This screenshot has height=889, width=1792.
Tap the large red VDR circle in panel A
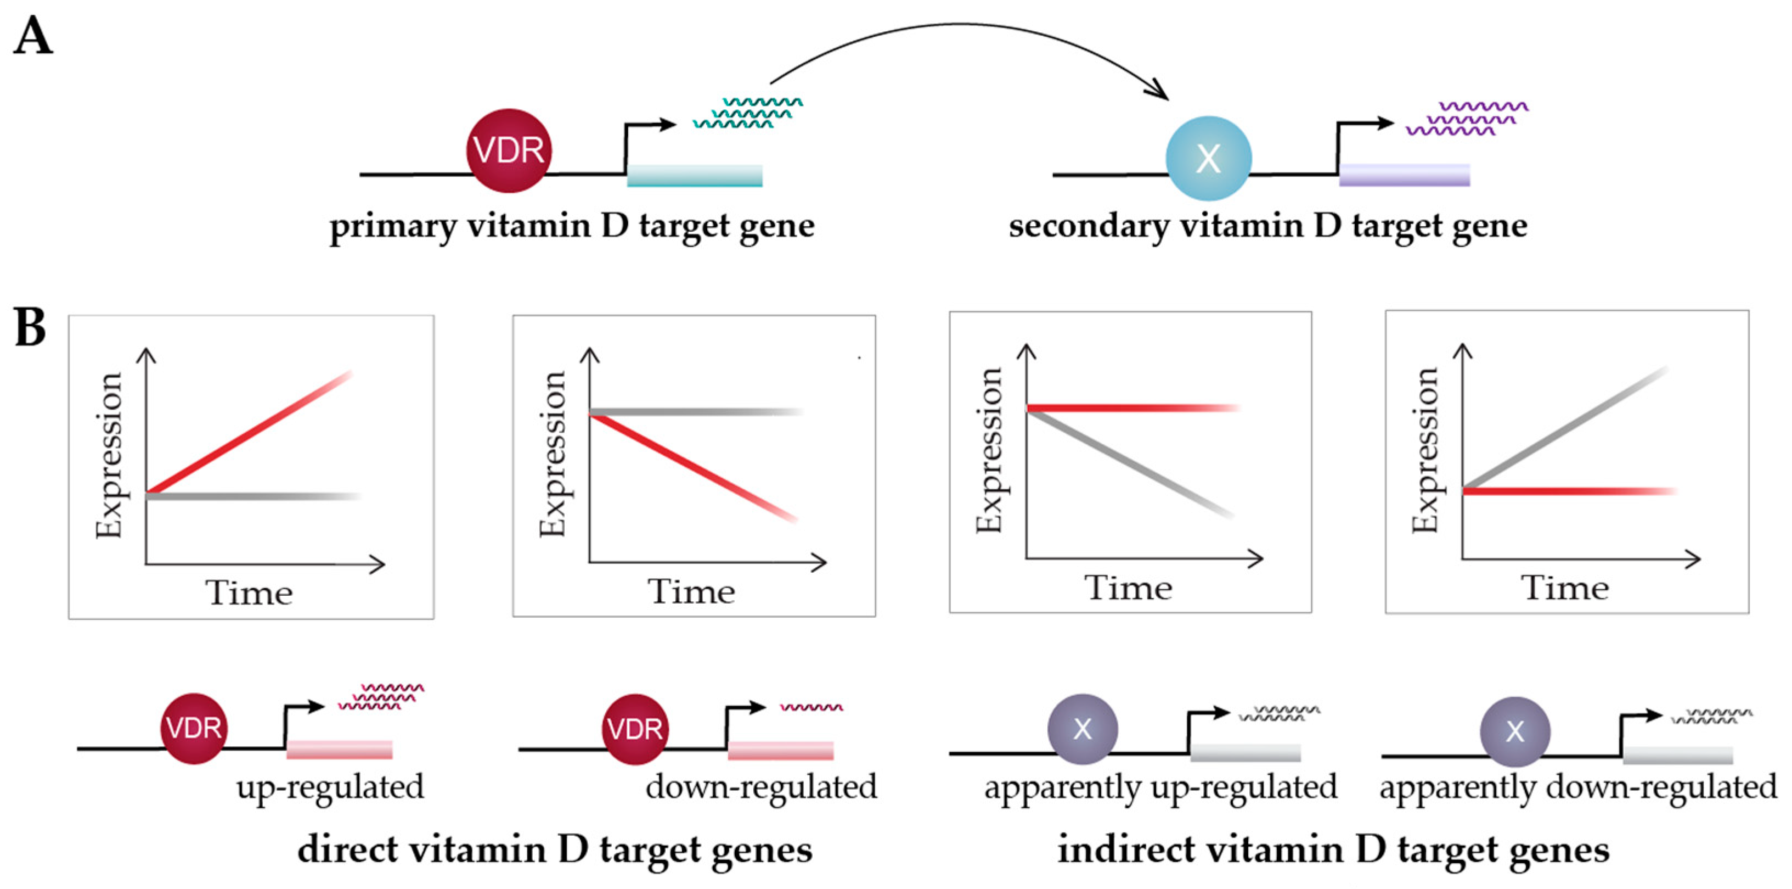[509, 150]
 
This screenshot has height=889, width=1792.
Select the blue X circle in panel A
[1208, 159]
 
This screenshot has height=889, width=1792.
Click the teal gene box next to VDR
[694, 175]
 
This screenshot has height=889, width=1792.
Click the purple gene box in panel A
[1404, 175]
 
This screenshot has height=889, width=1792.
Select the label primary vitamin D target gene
[572, 226]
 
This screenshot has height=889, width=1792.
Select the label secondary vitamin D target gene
[1267, 226]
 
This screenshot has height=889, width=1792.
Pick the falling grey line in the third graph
[1127, 463]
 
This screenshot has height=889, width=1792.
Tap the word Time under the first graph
[249, 593]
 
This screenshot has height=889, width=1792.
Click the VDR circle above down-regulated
[634, 729]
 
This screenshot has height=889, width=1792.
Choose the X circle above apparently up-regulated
[1083, 729]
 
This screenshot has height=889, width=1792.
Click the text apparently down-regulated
[1578, 788]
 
